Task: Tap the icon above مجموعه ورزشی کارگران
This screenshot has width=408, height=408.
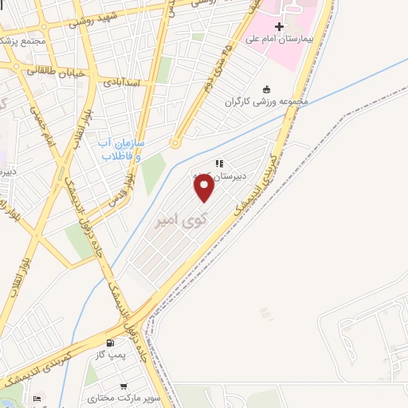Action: point(266,89)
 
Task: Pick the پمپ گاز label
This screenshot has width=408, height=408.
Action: point(109,353)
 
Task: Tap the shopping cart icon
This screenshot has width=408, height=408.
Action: point(124,386)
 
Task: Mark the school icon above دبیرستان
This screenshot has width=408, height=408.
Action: point(217,164)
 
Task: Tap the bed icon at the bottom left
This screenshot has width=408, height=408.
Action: point(37,398)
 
